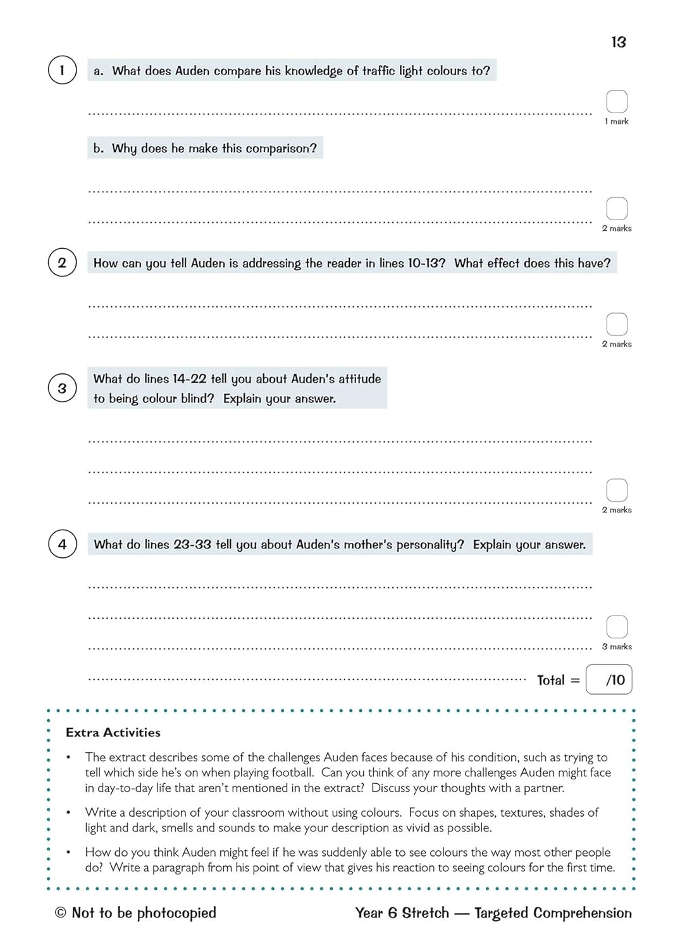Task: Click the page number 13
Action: (x=618, y=42)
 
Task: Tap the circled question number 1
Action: (x=62, y=70)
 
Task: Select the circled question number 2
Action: (x=62, y=263)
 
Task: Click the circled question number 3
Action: (x=62, y=388)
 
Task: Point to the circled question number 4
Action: (x=62, y=544)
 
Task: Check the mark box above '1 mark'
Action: (x=617, y=101)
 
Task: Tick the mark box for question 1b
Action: (x=617, y=208)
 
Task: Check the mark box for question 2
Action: (x=617, y=324)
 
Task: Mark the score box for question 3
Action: (x=617, y=490)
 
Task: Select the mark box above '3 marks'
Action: (x=617, y=626)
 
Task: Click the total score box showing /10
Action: (x=609, y=679)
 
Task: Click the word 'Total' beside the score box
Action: (x=550, y=680)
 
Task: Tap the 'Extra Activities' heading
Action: (x=113, y=733)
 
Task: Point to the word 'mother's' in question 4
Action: (x=367, y=545)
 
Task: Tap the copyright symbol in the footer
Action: (x=61, y=912)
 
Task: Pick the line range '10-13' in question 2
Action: (x=426, y=263)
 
